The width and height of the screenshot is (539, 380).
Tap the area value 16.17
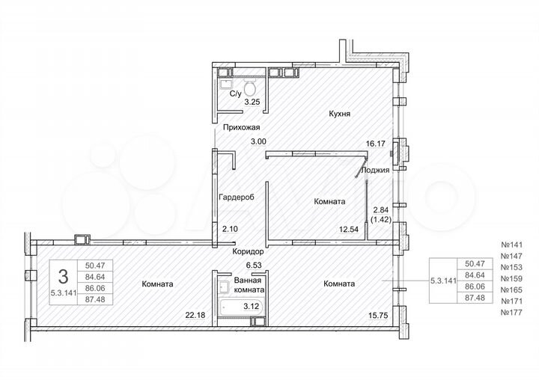point(375,141)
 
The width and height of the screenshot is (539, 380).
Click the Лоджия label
point(374,170)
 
